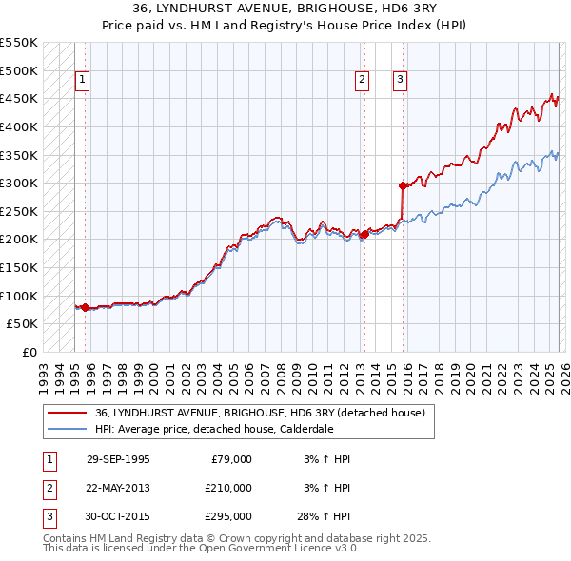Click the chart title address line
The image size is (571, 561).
285,9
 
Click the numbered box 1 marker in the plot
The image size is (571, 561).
83,81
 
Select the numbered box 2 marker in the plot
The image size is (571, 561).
363,81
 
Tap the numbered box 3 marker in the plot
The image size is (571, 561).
400,81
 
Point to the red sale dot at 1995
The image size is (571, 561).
86,307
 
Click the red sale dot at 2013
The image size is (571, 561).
364,234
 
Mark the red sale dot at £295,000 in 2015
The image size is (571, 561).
403,185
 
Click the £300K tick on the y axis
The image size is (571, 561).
19,183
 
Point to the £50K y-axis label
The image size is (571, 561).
23,324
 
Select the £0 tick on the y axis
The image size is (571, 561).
29,353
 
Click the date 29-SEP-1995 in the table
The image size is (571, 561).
118,459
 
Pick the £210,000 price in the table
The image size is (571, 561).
227,488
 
